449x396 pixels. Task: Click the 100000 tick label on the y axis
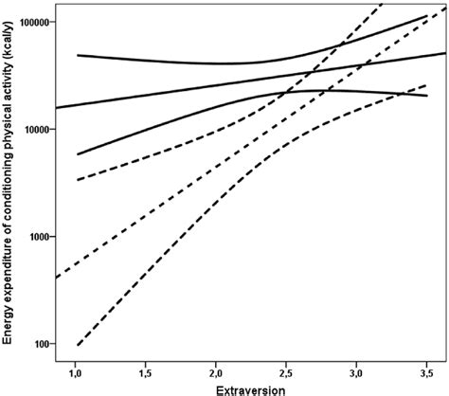33,21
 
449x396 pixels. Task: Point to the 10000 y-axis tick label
35,129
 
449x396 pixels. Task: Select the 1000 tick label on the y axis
38,236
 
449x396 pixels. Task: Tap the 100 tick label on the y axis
41,343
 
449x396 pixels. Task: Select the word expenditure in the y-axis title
9,272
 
